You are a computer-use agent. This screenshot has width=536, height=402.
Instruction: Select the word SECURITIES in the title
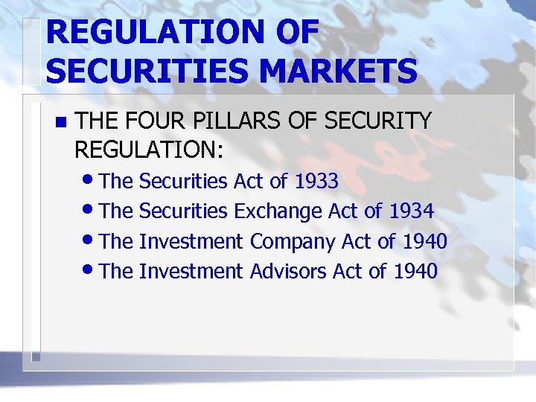pyautogui.click(x=144, y=72)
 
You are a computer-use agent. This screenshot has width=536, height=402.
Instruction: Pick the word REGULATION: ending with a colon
pyautogui.click(x=149, y=150)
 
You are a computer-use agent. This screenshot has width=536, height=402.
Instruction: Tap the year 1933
pyautogui.click(x=316, y=181)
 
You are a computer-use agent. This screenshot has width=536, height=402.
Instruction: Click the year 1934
pyautogui.click(x=411, y=211)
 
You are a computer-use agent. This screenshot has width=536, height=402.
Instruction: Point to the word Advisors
pyautogui.click(x=288, y=272)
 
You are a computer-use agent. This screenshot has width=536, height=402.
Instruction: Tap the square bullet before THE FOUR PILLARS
pyautogui.click(x=61, y=121)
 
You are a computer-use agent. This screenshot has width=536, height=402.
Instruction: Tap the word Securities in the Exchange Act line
pyautogui.click(x=183, y=211)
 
